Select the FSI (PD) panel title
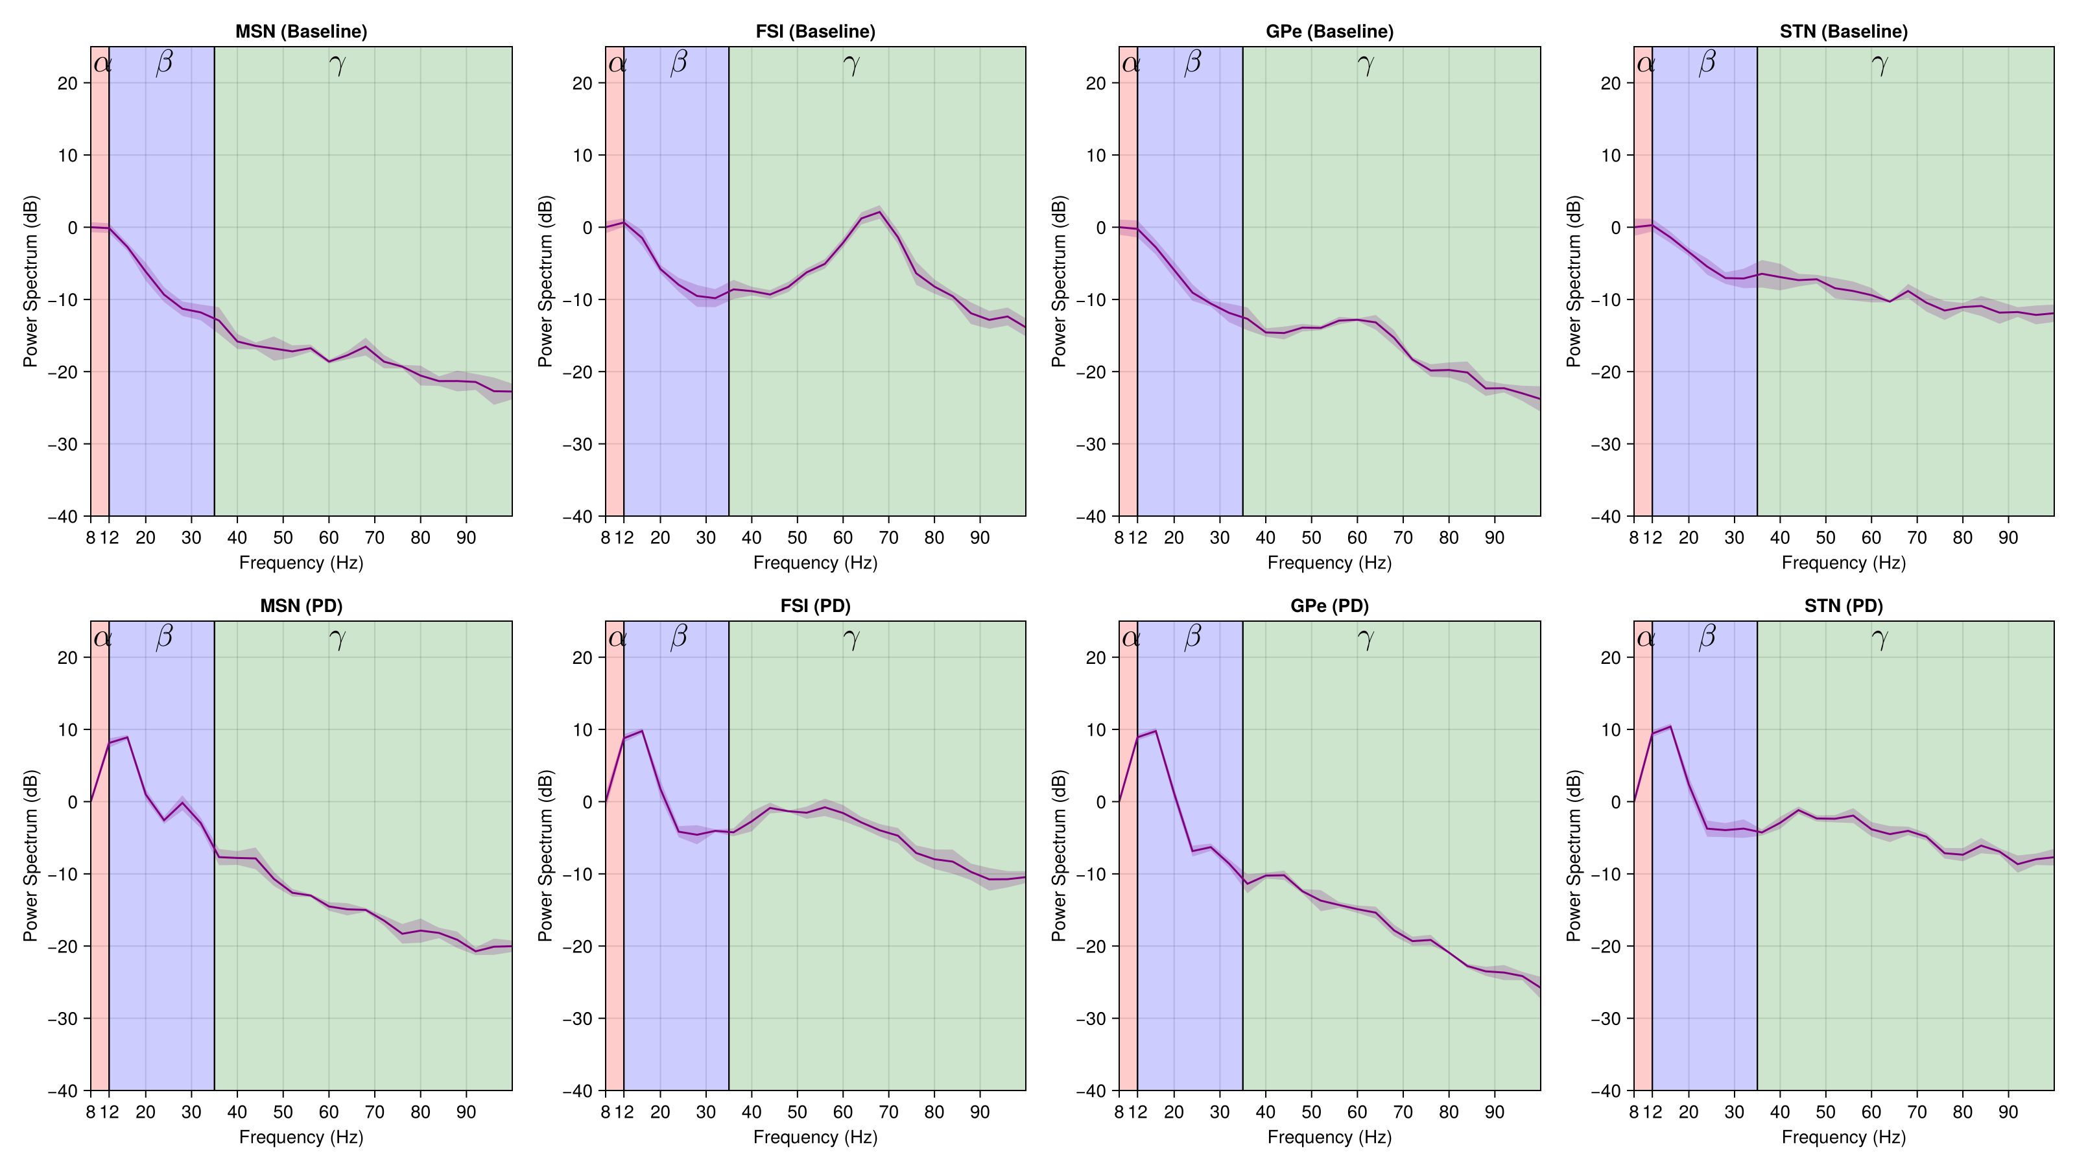tap(815, 606)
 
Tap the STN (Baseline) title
tap(1843, 31)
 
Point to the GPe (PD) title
tap(1329, 606)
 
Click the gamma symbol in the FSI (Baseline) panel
tap(851, 64)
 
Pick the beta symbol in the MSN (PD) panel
tap(164, 637)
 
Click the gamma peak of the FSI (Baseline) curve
tap(880, 212)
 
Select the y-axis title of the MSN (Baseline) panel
tap(30, 281)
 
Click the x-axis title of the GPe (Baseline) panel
tap(1329, 562)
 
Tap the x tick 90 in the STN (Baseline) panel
tap(2008, 537)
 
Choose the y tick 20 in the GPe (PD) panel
tap(1095, 657)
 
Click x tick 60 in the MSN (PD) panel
tap(329, 1113)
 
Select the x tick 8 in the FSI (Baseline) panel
tap(606, 537)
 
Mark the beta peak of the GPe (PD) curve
tap(1156, 731)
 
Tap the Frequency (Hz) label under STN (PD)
tap(1843, 1137)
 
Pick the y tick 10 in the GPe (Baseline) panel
tap(1095, 156)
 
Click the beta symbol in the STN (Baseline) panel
tap(1707, 63)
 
